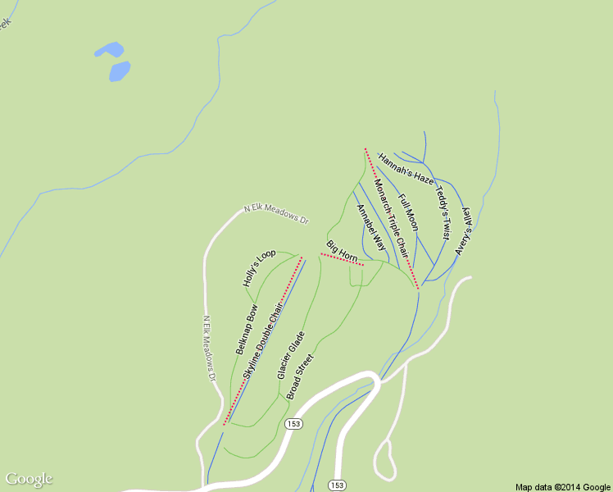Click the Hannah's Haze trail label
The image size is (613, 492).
[x=406, y=166]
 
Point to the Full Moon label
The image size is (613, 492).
[x=408, y=212]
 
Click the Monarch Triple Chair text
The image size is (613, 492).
[x=391, y=214]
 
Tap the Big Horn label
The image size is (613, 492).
[x=342, y=252]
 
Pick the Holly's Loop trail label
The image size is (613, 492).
[x=259, y=267]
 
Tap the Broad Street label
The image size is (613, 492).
[x=300, y=376]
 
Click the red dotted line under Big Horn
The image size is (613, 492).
[x=342, y=260]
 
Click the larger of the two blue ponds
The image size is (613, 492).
[x=120, y=71]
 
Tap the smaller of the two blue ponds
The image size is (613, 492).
[x=108, y=50]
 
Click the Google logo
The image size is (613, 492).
[x=29, y=479]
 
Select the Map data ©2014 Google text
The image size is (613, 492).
[x=563, y=486]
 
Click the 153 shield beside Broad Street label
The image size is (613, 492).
[x=294, y=423]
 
